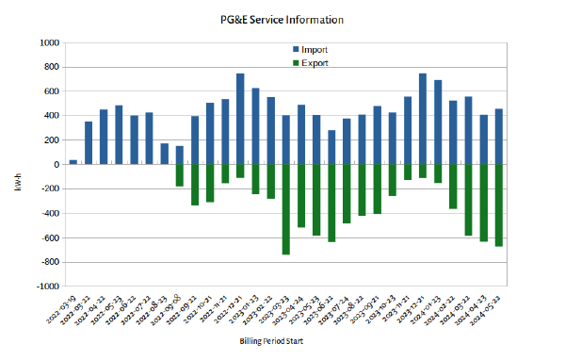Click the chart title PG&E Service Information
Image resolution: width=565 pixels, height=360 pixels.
pyautogui.click(x=282, y=19)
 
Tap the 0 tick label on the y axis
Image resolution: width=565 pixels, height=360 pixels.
pyautogui.click(x=56, y=165)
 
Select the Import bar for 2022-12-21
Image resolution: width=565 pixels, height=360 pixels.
pyautogui.click(x=240, y=119)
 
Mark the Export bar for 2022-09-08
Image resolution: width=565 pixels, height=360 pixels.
pyautogui.click(x=180, y=175)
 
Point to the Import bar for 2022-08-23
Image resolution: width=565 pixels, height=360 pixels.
pyautogui.click(x=165, y=154)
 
